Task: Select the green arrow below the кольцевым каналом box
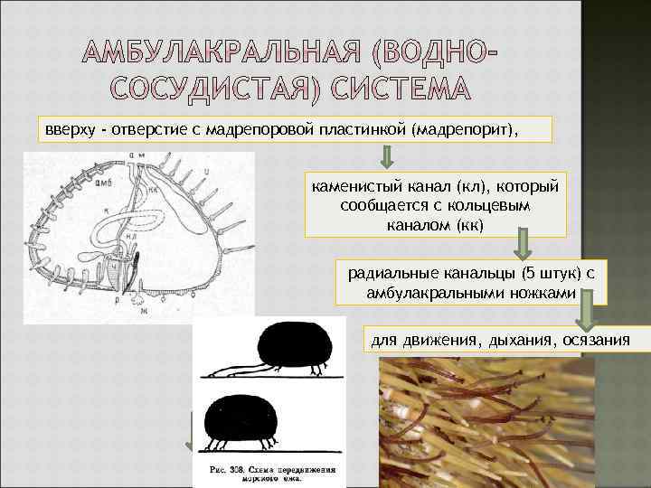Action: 523,242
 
